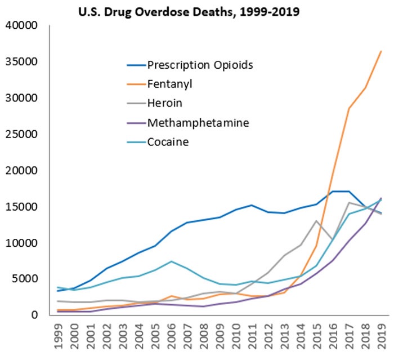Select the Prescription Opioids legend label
click(x=200, y=64)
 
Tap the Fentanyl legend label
click(x=173, y=84)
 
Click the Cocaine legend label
click(x=168, y=141)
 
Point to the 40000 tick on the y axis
click(x=21, y=25)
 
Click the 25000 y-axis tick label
click(x=21, y=134)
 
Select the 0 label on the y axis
click(x=33, y=315)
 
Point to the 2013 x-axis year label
click(x=284, y=336)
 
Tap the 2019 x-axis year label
click(x=381, y=336)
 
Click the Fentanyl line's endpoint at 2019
click(x=381, y=51)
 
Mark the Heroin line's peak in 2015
click(x=317, y=220)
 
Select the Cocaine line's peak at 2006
click(x=172, y=261)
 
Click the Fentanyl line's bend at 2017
click(x=349, y=108)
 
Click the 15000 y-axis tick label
click(x=21, y=207)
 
